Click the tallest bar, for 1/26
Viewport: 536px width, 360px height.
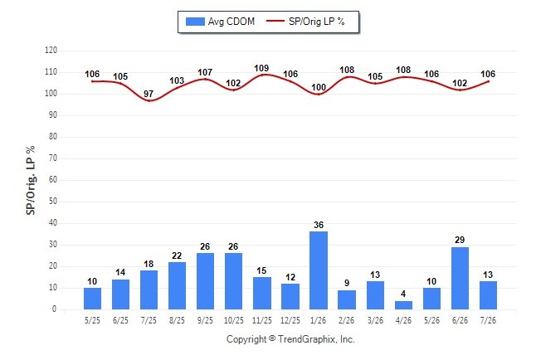319,270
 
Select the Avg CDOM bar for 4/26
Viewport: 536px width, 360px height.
403,305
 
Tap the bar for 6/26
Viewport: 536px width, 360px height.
460,278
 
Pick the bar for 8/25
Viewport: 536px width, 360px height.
177,286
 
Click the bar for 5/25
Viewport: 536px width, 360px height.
92,299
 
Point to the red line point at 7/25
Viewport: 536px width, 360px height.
149,100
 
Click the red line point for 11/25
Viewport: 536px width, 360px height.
262,75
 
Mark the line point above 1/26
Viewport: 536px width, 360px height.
319,94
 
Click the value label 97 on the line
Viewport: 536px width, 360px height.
149,94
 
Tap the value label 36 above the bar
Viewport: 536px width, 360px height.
319,225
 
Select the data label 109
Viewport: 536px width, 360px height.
261,68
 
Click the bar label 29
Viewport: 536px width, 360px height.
460,240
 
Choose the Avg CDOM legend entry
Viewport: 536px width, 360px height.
220,22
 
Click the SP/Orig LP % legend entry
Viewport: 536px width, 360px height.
305,22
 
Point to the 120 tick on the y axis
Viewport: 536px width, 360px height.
51,51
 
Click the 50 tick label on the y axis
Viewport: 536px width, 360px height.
53,201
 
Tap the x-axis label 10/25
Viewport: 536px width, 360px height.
234,320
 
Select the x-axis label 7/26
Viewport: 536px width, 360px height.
488,320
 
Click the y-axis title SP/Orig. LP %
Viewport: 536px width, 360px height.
31,180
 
